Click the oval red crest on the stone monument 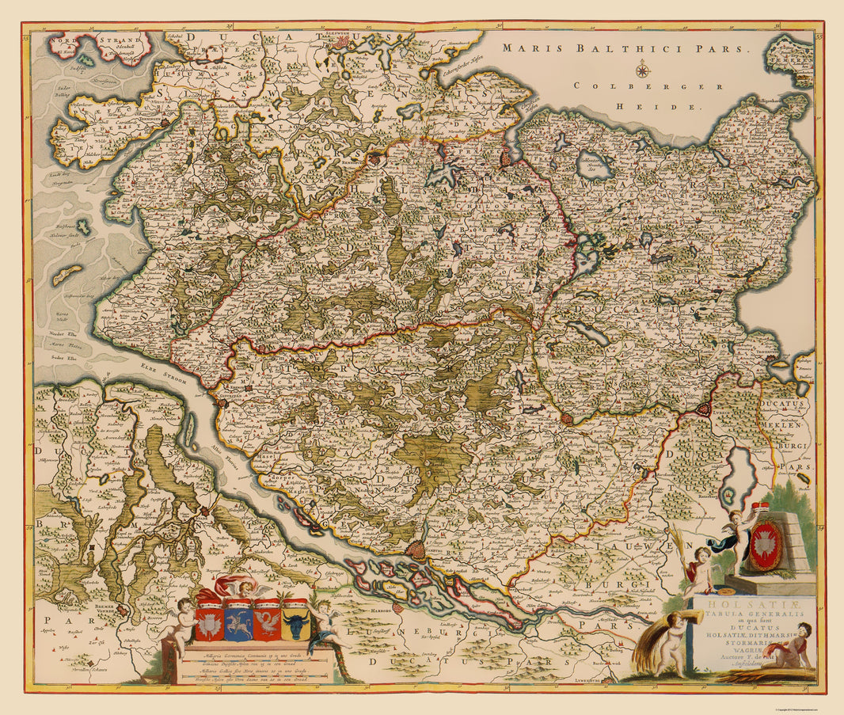coord(765,546)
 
